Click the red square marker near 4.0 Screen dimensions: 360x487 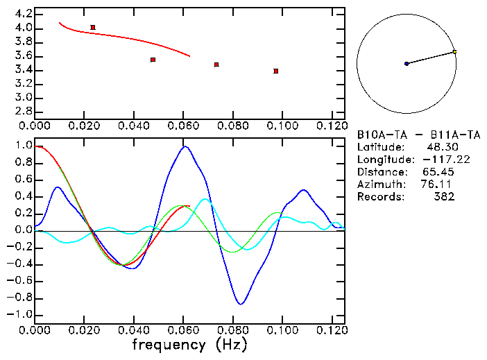[93, 28]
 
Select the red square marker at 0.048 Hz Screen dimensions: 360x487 [153, 60]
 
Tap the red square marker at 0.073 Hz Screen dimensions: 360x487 [216, 65]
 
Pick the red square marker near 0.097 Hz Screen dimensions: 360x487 [276, 71]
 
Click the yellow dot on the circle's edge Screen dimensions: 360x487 [454, 51]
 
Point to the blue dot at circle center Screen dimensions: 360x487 [407, 64]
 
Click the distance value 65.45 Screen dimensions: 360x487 [438, 171]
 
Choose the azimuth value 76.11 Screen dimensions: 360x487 [438, 184]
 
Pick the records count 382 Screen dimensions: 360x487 [443, 196]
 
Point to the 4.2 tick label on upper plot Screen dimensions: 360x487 [23, 14]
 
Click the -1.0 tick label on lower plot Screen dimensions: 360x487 [19, 314]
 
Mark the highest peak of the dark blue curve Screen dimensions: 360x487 [185, 146]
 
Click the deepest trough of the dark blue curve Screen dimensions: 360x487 [240, 304]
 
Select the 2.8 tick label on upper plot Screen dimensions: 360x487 [23, 112]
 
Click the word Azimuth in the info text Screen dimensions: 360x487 [379, 184]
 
